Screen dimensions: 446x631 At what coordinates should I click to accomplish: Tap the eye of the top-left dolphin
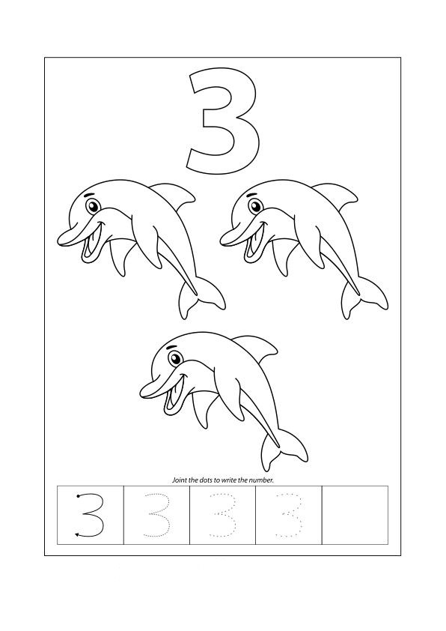click(94, 206)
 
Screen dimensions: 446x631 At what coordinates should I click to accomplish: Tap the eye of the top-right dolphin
click(255, 206)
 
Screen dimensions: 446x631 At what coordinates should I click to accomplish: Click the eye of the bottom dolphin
click(175, 358)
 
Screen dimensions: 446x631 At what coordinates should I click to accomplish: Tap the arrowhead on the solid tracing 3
click(78, 534)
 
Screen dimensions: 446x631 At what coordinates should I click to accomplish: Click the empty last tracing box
click(355, 515)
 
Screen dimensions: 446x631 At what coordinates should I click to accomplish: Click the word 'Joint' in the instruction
click(179, 480)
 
